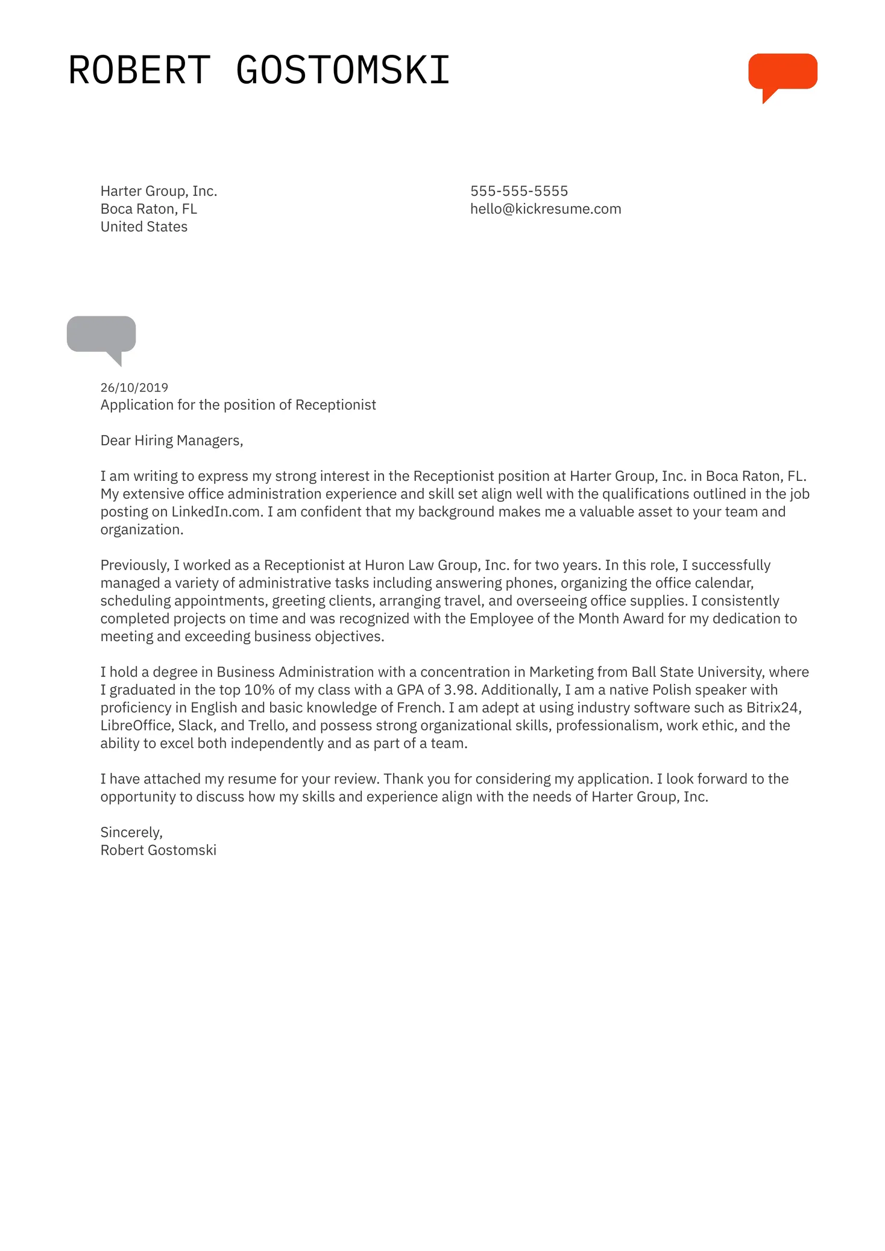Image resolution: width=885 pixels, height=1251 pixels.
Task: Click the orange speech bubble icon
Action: (782, 72)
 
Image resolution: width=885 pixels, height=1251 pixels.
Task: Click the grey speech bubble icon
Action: (101, 334)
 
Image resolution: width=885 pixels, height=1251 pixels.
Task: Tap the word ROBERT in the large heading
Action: (139, 71)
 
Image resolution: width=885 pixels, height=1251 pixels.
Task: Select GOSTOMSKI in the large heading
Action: (342, 71)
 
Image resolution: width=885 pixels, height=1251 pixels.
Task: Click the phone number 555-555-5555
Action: (518, 191)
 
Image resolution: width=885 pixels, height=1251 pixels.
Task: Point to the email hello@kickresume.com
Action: (545, 209)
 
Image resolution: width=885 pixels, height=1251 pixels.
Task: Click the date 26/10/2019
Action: (134, 387)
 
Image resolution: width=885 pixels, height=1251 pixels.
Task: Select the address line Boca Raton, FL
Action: (148, 209)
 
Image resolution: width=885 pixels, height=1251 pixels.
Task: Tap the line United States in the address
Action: (143, 227)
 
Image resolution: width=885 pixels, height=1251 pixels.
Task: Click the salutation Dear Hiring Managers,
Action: (171, 441)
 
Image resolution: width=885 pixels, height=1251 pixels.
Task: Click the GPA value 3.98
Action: (460, 690)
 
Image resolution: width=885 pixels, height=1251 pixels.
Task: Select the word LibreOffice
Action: (136, 726)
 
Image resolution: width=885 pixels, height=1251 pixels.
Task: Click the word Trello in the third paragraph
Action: (266, 726)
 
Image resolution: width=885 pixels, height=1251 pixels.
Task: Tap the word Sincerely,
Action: (131, 832)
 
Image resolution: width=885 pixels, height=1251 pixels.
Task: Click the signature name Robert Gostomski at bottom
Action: (158, 850)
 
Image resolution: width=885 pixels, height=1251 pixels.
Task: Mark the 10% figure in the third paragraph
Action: (259, 690)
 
